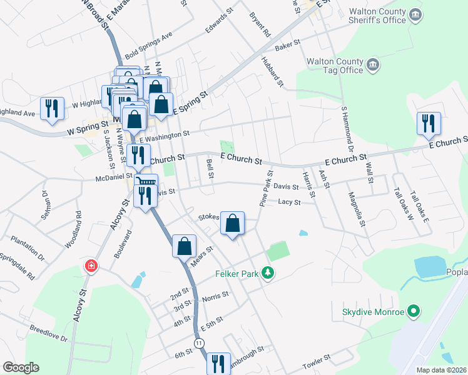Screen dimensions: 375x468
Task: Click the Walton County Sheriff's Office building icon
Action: (415, 14)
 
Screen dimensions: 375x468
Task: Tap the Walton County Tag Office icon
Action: (372, 65)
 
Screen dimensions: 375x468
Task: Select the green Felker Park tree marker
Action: (268, 272)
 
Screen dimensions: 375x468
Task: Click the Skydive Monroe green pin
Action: (413, 311)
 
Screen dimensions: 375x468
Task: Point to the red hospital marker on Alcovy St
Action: (92, 266)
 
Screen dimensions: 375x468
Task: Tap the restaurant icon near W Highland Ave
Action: (51, 108)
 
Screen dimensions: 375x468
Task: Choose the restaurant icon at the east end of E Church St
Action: (429, 122)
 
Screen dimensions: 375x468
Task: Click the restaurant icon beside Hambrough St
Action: (218, 363)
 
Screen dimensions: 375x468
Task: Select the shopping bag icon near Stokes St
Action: (232, 223)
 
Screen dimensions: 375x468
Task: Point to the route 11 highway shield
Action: (199, 343)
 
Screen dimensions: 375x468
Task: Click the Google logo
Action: (21, 367)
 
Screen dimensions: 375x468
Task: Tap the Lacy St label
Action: (290, 202)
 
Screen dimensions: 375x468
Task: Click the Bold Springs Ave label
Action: (148, 44)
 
